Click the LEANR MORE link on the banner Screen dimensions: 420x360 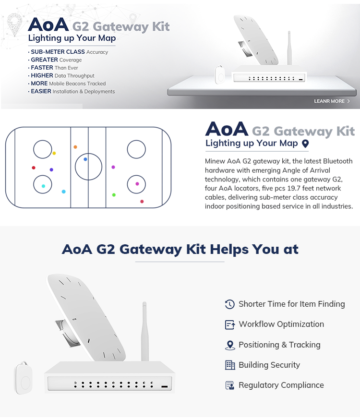tap(332, 101)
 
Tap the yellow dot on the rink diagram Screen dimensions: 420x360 tap(54, 154)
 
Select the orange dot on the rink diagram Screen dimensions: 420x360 tap(75, 147)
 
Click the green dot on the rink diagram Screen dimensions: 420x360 tap(114, 195)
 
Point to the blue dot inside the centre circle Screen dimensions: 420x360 tap(85, 159)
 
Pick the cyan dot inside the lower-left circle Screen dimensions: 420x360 tap(43, 186)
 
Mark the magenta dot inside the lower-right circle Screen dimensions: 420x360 tap(137, 184)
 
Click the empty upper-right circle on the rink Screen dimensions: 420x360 tap(136, 150)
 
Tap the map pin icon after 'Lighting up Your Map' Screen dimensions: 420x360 tap(305, 144)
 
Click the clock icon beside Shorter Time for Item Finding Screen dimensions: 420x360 tap(230, 304)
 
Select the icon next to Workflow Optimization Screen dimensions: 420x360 tap(230, 324)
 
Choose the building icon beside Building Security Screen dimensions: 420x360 tap(230, 365)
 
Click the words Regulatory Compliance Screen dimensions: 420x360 tap(281, 385)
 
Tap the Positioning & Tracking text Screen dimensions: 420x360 tap(279, 345)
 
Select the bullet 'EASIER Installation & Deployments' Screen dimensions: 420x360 tap(72, 91)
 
